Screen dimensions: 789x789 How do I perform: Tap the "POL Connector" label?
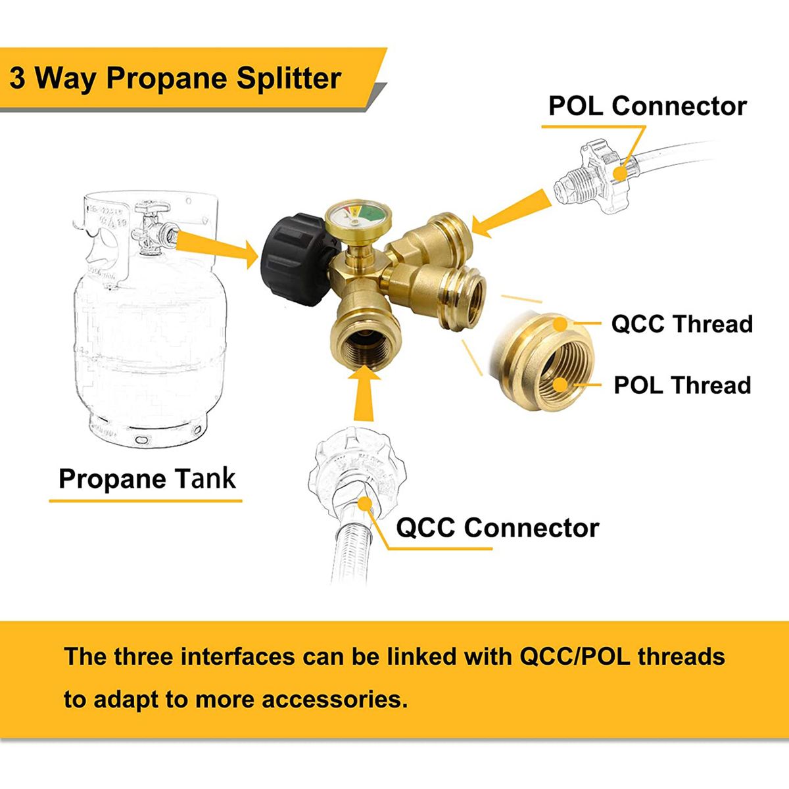(x=648, y=106)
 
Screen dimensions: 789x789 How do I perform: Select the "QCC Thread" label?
(x=682, y=323)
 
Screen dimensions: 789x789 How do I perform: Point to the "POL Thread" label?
(x=682, y=385)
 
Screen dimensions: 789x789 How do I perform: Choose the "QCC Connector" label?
(x=498, y=528)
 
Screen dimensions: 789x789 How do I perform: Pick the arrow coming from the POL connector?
(x=511, y=214)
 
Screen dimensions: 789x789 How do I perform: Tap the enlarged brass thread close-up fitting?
(x=541, y=362)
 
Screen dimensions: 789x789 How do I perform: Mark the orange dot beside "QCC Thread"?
(x=560, y=324)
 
